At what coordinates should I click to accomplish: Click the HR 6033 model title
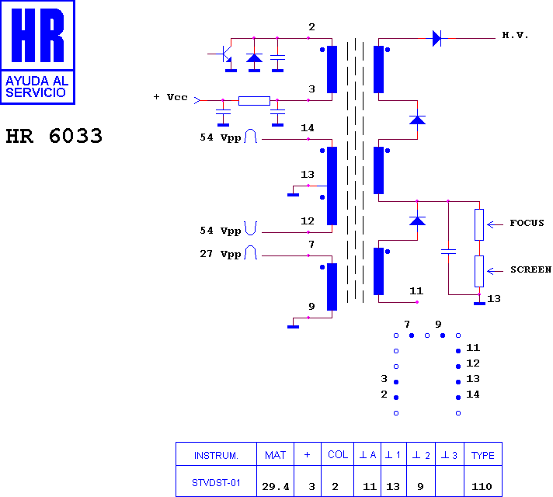point(54,136)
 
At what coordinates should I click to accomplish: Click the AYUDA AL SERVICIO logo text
point(37,87)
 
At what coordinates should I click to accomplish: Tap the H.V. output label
point(515,35)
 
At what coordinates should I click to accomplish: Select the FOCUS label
point(527,223)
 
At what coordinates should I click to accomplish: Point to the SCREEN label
point(530,269)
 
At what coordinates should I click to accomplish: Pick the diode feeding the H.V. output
point(436,38)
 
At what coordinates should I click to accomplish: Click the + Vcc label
point(171,97)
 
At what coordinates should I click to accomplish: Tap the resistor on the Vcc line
point(254,100)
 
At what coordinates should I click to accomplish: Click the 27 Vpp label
point(221,254)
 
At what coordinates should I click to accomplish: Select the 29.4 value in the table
point(276,487)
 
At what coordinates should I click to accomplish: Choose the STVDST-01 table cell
point(216,482)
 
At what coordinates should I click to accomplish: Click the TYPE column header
point(483,455)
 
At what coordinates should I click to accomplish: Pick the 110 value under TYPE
point(482,487)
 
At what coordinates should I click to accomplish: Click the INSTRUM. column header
point(216,455)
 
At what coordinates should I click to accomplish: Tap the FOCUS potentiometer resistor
point(479,224)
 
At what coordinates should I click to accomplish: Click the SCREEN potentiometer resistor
point(479,271)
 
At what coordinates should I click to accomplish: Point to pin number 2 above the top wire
point(311,27)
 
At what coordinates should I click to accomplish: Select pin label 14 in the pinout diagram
point(473,394)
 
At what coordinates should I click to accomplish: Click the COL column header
point(338,454)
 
